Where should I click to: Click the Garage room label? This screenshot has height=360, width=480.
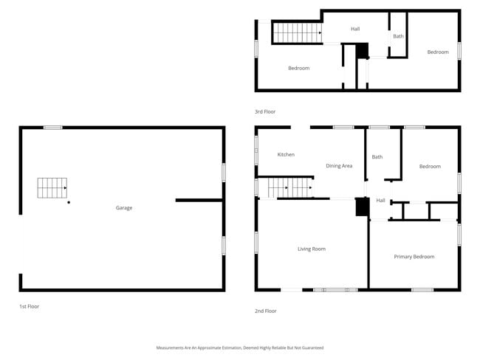pos(123,208)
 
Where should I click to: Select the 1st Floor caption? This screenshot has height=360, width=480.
pos(29,305)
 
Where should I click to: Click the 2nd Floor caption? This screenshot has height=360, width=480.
pos(265,311)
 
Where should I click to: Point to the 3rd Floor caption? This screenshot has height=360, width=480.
pos(265,111)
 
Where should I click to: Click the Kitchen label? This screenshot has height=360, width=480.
pos(286,155)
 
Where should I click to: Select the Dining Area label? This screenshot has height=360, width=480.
pos(339,166)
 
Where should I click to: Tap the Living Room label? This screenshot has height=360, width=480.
pos(311,249)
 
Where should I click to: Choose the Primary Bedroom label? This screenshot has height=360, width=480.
pos(414,257)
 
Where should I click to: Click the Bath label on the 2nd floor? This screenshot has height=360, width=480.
pos(377,157)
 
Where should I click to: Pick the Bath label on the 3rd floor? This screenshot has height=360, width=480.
pos(398,36)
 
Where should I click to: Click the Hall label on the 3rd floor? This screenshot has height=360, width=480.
pos(355,29)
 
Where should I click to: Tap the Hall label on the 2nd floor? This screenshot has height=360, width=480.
pos(380,201)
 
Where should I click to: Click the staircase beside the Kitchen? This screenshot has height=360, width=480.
pos(289,188)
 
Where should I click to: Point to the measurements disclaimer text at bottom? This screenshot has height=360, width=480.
pos(239,347)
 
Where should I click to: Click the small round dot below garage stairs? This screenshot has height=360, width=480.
pos(69,202)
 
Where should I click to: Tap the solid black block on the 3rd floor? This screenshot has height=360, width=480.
pos(362,50)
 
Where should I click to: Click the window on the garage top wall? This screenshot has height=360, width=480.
pos(52,128)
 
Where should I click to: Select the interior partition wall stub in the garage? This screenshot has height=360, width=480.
pos(199,200)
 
